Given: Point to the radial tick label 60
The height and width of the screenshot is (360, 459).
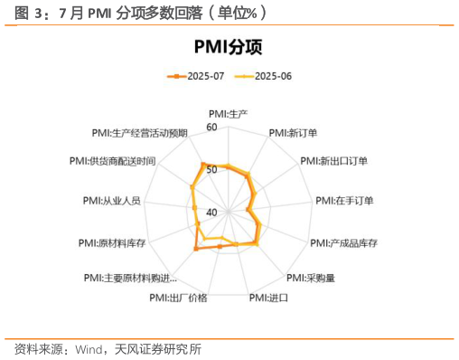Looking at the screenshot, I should point(211,128).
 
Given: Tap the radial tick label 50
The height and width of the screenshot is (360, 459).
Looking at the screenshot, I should point(211,170).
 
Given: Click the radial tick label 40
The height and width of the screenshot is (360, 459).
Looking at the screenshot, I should point(211,212).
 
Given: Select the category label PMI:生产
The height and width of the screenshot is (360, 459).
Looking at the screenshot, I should point(228,114).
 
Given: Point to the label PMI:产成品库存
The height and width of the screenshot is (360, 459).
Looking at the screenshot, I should point(343,243).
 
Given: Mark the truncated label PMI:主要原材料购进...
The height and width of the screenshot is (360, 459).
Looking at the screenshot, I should point(130,278).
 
